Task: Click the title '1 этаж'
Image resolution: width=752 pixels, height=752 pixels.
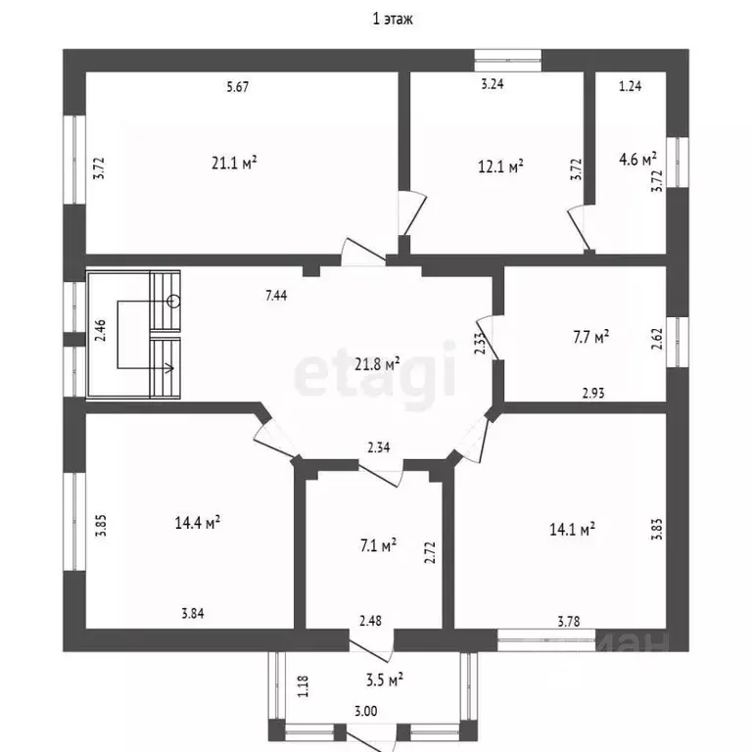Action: point(393,19)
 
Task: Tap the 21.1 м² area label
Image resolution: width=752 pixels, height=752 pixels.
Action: point(234,164)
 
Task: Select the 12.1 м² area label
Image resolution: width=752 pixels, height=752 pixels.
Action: point(500,166)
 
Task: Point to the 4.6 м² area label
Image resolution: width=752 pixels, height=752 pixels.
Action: point(637,159)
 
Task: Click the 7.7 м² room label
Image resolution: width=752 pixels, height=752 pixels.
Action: point(590,337)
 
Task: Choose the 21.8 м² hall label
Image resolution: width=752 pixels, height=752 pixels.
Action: point(377,364)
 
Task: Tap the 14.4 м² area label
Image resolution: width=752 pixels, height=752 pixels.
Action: point(198,522)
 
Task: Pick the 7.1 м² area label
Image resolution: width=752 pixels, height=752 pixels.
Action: point(378,545)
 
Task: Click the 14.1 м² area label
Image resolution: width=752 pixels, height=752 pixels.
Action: point(572,530)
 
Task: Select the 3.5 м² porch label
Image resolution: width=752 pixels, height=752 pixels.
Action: point(384,680)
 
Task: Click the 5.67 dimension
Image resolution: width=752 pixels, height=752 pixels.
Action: point(237,87)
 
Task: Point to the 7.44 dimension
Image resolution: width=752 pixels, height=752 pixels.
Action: point(276,296)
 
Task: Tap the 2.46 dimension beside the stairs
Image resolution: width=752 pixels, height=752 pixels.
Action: point(101,330)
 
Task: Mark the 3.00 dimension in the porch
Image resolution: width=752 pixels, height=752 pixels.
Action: point(366,711)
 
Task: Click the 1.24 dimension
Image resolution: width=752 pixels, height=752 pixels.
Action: point(631,86)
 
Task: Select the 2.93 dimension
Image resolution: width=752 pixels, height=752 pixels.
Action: point(593,394)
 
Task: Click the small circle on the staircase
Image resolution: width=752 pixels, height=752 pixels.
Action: point(173,302)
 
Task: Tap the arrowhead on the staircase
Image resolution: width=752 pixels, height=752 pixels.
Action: point(168,368)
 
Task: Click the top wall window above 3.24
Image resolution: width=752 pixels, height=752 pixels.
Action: point(508,61)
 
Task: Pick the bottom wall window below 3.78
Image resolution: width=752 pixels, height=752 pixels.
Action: point(546,639)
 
